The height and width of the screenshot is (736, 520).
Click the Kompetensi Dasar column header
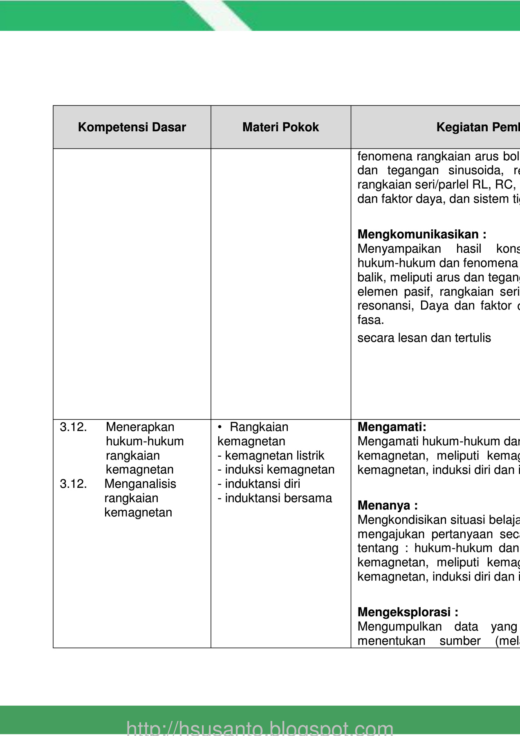[x=132, y=127]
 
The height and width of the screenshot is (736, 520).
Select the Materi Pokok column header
[x=280, y=127]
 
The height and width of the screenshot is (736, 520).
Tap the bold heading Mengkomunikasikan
[x=421, y=234]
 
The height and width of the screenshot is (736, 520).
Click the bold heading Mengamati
[x=392, y=427]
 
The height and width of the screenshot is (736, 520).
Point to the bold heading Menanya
[x=387, y=505]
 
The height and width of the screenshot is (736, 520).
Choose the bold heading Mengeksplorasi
[x=408, y=612]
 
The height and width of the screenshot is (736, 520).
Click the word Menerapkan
[x=140, y=427]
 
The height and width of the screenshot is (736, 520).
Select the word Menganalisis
[x=140, y=484]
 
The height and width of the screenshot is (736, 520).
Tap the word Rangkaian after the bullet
[x=259, y=427]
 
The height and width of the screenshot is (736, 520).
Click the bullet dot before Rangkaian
[x=220, y=427]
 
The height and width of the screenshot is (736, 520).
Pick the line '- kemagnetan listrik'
[x=271, y=456]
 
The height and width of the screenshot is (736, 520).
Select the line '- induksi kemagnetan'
[x=276, y=469]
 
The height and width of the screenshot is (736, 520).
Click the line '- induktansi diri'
[x=259, y=484]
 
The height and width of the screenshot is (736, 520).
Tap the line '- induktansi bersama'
[x=275, y=498]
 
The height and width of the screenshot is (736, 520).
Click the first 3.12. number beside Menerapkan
[x=73, y=427]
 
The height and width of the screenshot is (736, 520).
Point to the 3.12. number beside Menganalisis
[x=73, y=484]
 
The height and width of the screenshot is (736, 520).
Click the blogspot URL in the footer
[x=260, y=728]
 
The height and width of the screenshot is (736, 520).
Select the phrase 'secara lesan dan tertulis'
[x=424, y=338]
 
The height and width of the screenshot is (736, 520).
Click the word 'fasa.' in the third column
[x=370, y=320]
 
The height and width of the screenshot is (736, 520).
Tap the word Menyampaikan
[x=399, y=249]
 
